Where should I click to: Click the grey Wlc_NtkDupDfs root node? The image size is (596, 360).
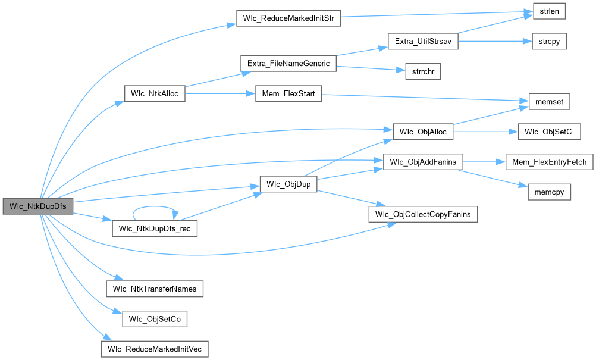coord(37,206)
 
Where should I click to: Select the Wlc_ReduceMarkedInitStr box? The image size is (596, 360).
coord(288,17)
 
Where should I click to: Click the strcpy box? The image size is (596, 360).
coord(544,41)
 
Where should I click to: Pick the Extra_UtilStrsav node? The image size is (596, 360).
coord(423,41)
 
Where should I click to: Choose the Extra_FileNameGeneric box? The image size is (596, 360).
coord(288,62)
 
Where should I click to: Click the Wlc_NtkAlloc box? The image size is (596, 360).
coord(155,93)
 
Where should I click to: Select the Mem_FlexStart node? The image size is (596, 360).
coord(288,93)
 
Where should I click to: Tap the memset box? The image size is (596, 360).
coord(545,102)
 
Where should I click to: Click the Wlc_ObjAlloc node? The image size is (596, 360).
coord(423,132)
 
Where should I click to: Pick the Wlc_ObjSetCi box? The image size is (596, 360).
coord(549,132)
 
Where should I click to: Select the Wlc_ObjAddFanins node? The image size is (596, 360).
coord(423,162)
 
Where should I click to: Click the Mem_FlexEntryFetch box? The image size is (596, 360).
coord(549,162)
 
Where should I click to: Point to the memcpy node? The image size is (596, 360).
coord(549,192)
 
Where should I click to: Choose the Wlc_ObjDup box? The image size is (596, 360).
coord(288,184)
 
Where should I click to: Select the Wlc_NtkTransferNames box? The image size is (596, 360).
coord(155,289)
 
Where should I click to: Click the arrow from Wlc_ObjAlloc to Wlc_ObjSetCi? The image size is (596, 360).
coord(485,132)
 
